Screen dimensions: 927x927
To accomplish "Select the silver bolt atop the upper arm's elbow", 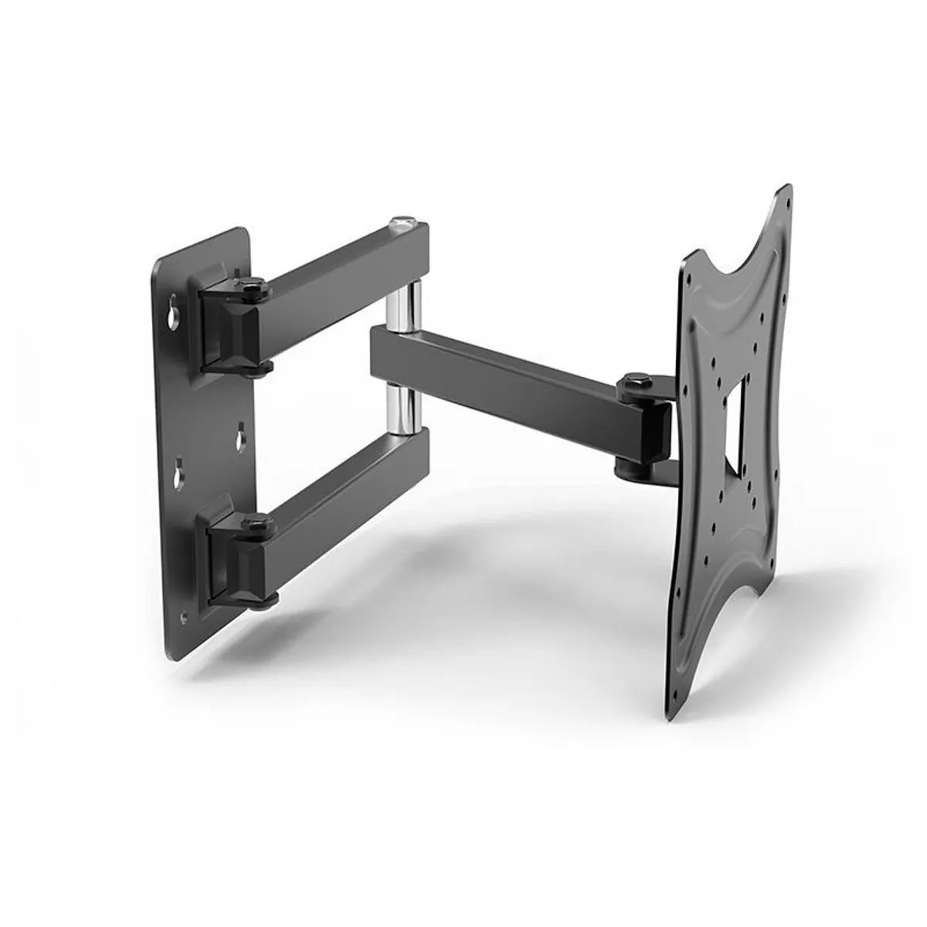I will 402,222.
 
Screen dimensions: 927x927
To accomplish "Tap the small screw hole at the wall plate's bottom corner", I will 183,616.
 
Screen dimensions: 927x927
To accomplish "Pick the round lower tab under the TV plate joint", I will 630,467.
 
